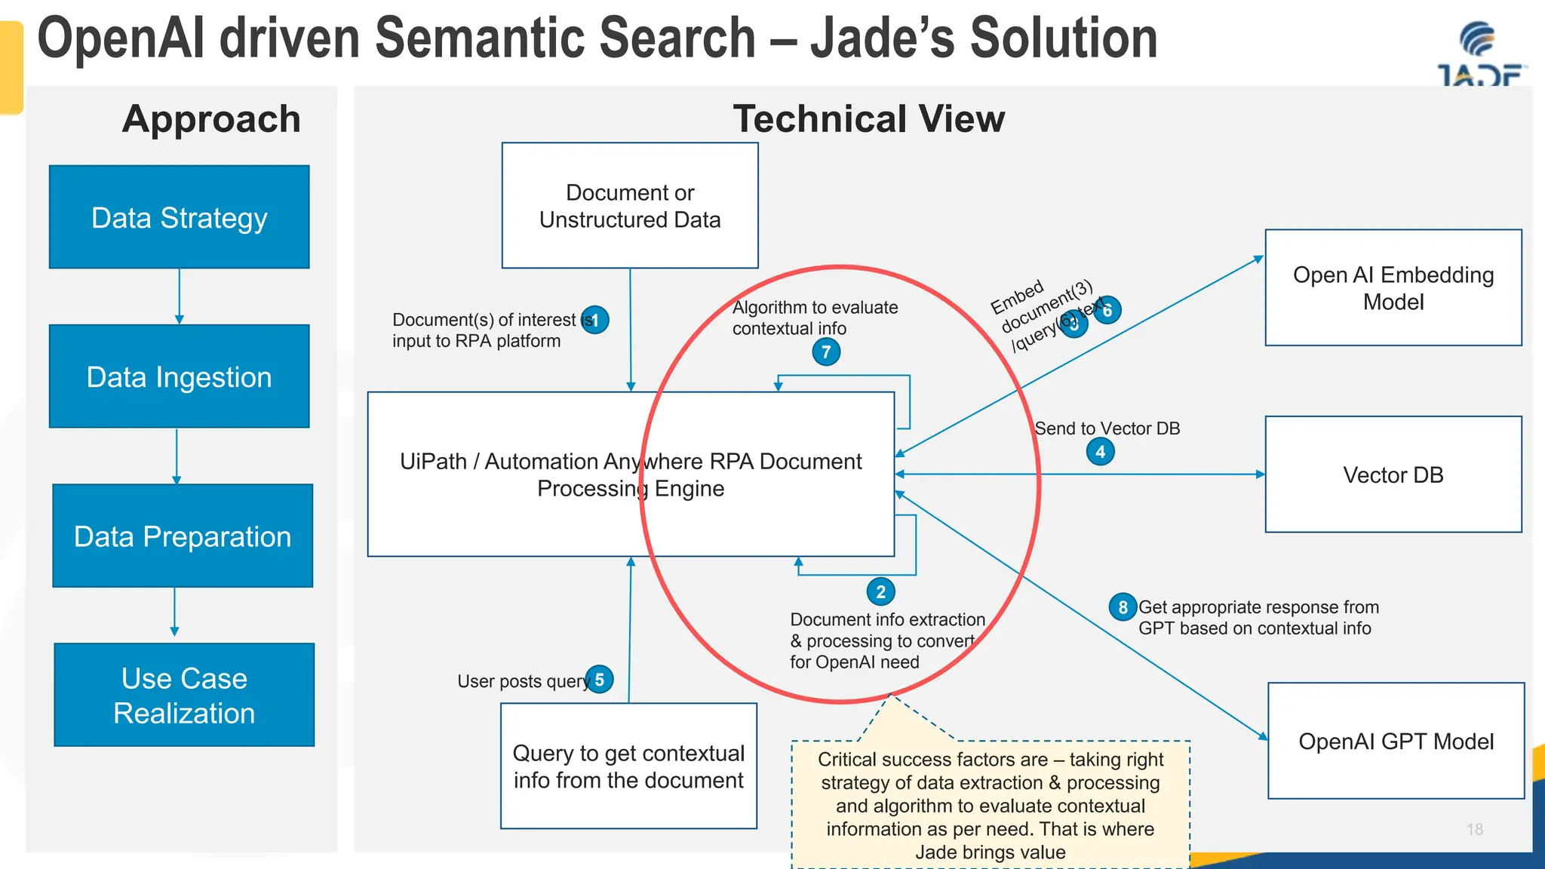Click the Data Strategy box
(x=180, y=217)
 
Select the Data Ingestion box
(x=180, y=376)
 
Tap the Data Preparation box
(x=183, y=536)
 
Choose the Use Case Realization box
(x=184, y=695)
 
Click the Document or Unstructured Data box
(x=630, y=205)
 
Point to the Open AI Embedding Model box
(x=1393, y=287)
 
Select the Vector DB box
(x=1393, y=474)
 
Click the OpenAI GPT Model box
(x=1396, y=741)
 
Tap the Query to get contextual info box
(x=628, y=766)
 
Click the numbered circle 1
(x=595, y=320)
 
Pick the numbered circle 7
(x=826, y=352)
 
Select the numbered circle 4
(x=1100, y=452)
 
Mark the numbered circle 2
(x=880, y=592)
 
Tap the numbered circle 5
(x=600, y=680)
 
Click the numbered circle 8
(x=1123, y=607)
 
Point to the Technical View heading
(x=868, y=119)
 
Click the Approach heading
(x=211, y=119)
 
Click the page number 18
(x=1475, y=829)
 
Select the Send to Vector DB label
(x=1107, y=428)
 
